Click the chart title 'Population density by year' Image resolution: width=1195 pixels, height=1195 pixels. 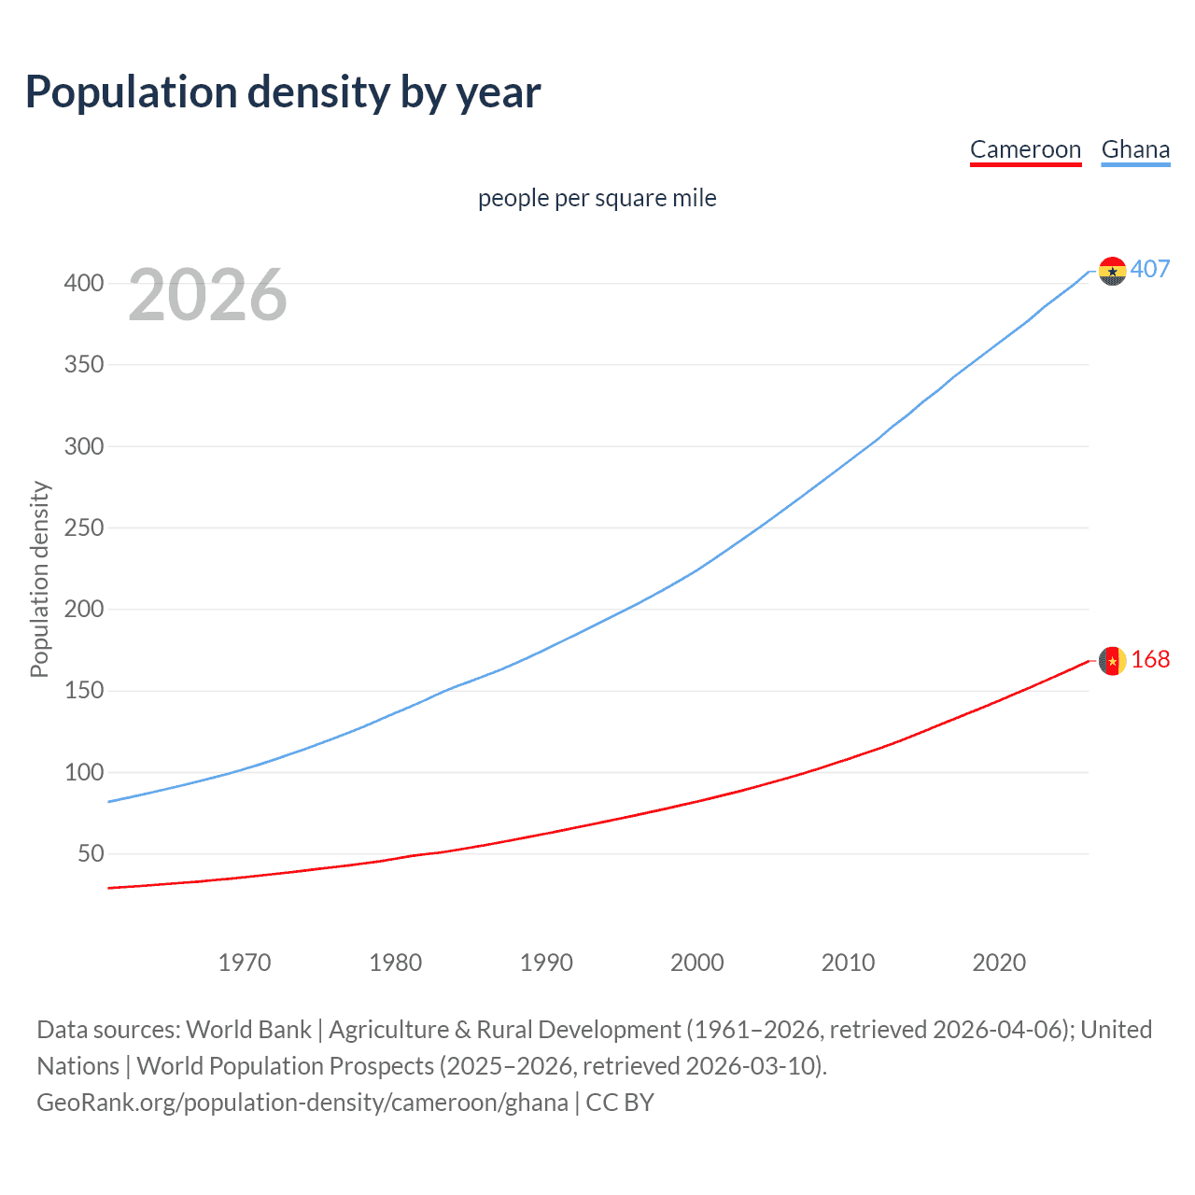283,92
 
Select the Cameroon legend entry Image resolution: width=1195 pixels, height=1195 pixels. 1025,149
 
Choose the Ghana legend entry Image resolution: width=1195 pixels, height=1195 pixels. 1135,149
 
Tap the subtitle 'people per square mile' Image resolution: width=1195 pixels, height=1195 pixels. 597,198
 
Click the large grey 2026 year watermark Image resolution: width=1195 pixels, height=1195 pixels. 207,295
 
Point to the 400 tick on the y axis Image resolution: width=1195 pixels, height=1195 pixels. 84,283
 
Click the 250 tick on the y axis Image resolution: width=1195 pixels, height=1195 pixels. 84,527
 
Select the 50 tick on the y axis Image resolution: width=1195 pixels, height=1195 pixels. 91,853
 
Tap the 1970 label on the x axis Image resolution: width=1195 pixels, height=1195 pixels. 245,963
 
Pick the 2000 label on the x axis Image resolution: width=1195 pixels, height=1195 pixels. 697,963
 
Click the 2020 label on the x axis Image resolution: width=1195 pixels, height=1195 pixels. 999,963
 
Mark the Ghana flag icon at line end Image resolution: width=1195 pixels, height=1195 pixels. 1112,271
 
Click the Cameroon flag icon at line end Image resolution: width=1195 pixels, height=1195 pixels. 1112,661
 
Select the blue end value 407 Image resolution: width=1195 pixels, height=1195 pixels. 1150,269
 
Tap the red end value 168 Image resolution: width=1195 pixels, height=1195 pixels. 1150,660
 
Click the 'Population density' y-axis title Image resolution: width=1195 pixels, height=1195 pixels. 39,579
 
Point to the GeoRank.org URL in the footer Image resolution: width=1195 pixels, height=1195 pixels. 302,1103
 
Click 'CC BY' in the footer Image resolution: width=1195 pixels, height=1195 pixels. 620,1103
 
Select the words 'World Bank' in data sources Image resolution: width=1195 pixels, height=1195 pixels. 248,1030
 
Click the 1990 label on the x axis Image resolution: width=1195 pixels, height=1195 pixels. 546,963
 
